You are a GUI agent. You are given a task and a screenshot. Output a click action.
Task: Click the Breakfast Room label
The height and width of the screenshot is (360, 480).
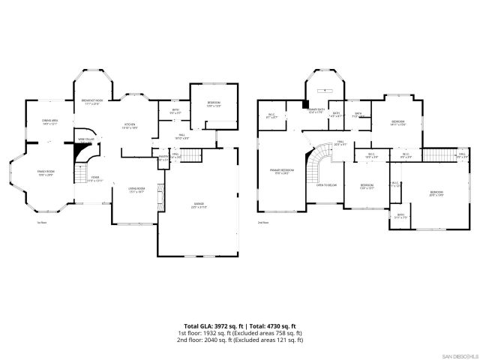[x=92, y=101]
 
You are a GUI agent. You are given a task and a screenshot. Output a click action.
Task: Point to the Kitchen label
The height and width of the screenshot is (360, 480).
[x=129, y=126]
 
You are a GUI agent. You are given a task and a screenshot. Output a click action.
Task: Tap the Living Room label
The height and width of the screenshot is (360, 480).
[x=136, y=189]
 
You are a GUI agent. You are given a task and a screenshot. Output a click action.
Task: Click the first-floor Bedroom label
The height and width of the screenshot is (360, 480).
[x=213, y=106]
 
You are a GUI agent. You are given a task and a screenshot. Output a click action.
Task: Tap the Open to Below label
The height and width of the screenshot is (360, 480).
[x=325, y=184]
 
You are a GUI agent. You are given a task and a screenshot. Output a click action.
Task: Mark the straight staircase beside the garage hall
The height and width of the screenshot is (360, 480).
[x=193, y=155]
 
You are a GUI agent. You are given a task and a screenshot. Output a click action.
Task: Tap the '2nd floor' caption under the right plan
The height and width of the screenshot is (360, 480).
[x=262, y=222]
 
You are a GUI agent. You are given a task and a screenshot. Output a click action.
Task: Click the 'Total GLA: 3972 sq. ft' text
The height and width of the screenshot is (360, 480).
[x=213, y=325]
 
